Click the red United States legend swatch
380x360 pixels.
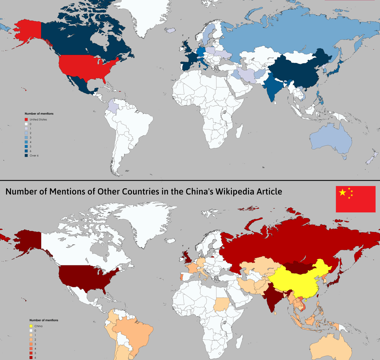26,120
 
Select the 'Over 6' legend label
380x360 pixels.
34,155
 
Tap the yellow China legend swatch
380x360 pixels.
31,326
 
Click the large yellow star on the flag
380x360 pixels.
342,192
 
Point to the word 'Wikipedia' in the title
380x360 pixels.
232,192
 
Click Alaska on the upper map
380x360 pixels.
28,30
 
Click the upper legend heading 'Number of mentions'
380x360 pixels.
39,114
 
